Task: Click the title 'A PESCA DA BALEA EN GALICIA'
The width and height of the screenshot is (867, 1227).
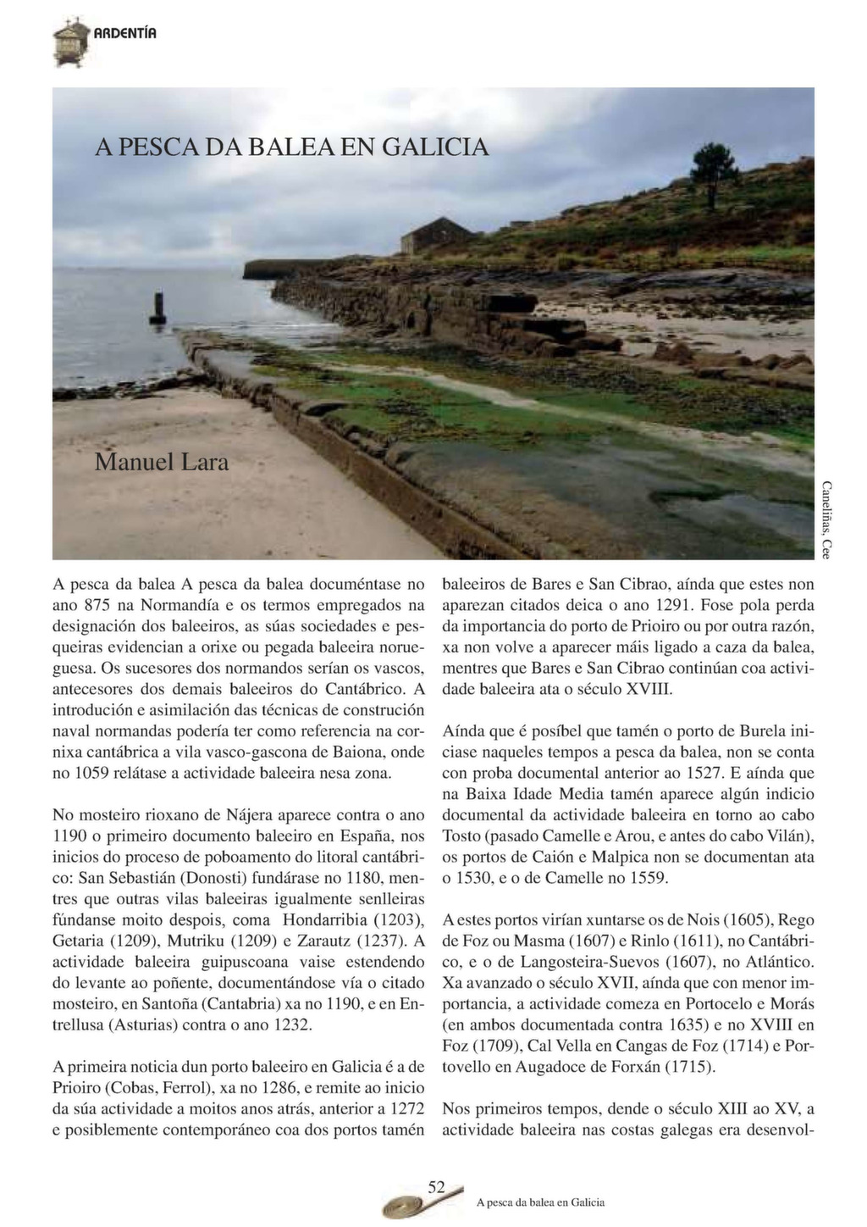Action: (x=291, y=147)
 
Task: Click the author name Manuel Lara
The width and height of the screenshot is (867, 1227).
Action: (x=162, y=463)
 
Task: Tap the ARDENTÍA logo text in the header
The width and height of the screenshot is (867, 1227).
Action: (x=124, y=33)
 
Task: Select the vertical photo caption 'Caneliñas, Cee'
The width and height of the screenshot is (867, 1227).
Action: (x=826, y=519)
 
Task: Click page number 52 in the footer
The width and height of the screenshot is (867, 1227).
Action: (x=437, y=1186)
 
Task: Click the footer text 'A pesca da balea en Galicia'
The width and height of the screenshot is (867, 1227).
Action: (x=540, y=1202)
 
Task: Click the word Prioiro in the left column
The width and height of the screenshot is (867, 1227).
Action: (x=77, y=1087)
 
